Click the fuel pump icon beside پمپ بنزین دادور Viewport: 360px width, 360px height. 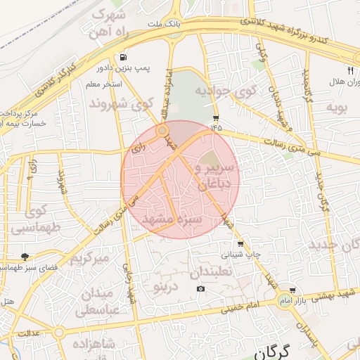124,57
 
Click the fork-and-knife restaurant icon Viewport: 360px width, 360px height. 350,69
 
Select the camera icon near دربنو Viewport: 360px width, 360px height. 201,288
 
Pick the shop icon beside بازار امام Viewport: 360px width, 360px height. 292,290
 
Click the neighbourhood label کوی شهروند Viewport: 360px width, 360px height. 121,105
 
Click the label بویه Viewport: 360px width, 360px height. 333,108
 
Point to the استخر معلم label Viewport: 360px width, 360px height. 103,84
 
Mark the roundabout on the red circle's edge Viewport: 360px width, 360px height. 162,130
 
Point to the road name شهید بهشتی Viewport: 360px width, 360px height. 337,292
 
